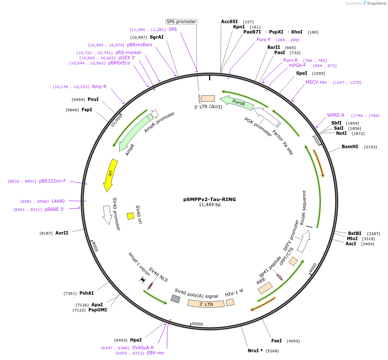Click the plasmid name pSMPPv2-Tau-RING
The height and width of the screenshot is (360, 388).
[209, 199]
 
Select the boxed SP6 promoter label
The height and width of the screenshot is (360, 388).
[181, 21]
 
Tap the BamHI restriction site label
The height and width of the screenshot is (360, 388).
[350, 147]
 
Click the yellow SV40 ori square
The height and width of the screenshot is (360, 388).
[130, 216]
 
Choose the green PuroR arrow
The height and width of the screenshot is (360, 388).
[237, 103]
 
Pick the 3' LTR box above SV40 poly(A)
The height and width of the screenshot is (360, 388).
[206, 304]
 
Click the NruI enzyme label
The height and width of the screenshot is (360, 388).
[255, 351]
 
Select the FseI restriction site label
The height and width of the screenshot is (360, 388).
[276, 341]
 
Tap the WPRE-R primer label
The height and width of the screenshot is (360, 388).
[336, 115]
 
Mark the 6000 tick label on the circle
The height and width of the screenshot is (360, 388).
[197, 324]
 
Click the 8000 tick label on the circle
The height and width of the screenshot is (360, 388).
[95, 247]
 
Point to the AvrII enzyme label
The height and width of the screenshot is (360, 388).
[62, 233]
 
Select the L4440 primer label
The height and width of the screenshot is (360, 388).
[58, 201]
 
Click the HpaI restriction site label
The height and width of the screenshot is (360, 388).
[136, 340]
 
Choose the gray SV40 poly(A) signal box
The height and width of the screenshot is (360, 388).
[175, 299]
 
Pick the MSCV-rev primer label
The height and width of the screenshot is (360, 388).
[316, 82]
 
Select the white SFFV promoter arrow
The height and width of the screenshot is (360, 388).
[303, 241]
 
